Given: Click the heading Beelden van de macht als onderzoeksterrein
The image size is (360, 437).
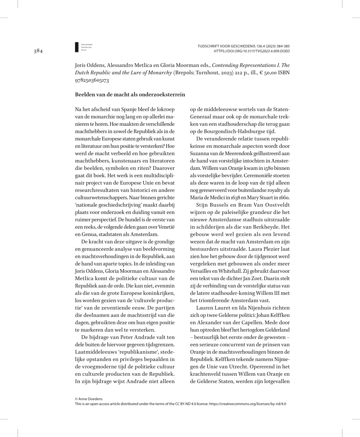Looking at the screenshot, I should (130, 95).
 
